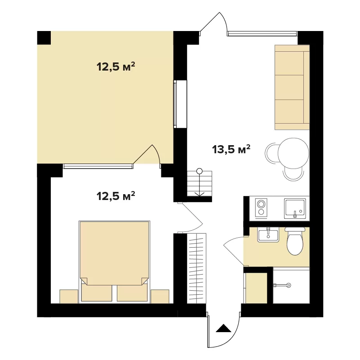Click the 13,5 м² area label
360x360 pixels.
[x=231, y=149]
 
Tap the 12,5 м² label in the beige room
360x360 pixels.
[x=116, y=67]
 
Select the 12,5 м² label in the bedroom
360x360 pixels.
[x=116, y=196]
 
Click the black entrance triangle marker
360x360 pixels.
[x=223, y=328]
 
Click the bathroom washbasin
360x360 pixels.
[x=268, y=235]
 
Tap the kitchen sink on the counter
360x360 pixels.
[x=295, y=209]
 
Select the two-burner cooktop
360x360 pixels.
[x=261, y=208]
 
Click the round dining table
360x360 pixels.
[x=293, y=153]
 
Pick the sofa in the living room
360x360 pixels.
[x=292, y=87]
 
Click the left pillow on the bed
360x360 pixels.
[x=97, y=293]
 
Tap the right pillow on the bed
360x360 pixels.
[x=132, y=293]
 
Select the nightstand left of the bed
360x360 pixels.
[x=69, y=296]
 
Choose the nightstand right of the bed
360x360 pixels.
[x=160, y=296]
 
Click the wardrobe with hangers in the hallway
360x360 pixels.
[x=196, y=268]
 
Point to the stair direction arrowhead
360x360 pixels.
[x=200, y=194]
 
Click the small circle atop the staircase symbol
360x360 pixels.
[x=200, y=171]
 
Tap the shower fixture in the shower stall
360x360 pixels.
[x=282, y=285]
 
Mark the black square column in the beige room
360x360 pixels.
[x=44, y=38]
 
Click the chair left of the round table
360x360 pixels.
[x=271, y=153]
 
